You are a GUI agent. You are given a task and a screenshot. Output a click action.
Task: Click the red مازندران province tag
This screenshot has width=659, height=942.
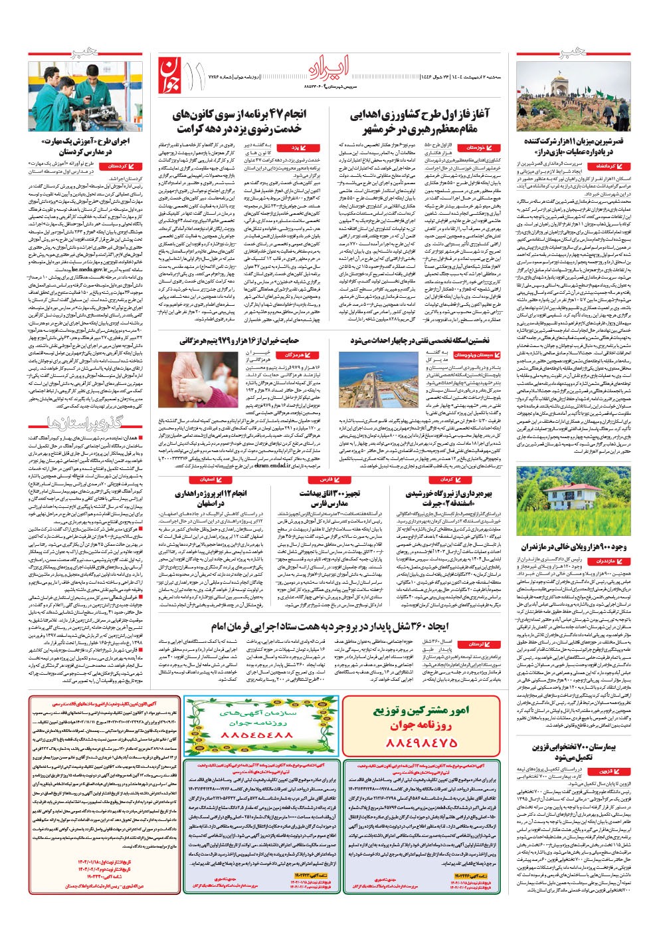[609, 561]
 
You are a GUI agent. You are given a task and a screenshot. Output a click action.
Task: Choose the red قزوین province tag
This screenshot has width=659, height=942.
[610, 771]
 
